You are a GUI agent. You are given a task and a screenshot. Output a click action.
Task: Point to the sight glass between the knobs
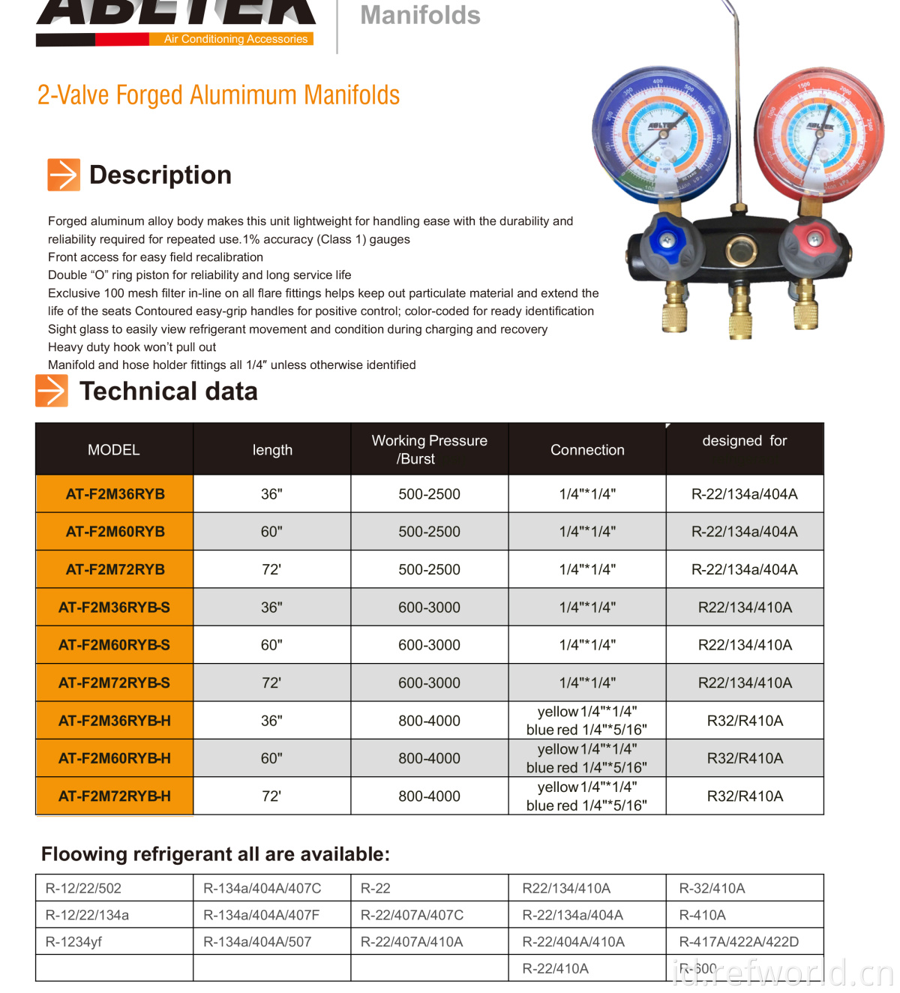coord(740,248)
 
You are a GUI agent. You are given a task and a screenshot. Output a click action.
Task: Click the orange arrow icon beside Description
coord(64,175)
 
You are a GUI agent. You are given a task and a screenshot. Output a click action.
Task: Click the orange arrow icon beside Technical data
coord(52,391)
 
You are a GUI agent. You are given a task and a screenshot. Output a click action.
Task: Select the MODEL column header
coord(114,450)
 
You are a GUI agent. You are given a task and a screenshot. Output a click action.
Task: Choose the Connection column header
coord(587,450)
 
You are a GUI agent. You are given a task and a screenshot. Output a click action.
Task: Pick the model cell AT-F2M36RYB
coord(115,494)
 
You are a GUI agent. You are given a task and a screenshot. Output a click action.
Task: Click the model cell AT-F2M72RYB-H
coord(115,796)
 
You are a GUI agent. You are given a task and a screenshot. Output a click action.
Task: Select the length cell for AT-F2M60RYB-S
coord(271,645)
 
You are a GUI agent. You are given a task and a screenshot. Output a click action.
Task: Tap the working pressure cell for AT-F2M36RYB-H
coord(429,721)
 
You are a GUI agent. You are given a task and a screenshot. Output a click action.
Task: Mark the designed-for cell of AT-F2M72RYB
coord(745,570)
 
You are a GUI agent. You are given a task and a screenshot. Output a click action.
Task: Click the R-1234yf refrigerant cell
coord(74,942)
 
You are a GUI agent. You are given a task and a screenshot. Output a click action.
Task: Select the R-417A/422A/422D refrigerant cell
coord(739,942)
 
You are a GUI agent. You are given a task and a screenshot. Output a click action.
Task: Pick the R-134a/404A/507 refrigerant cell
coord(257,942)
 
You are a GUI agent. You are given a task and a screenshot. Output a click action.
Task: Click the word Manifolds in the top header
coord(420,15)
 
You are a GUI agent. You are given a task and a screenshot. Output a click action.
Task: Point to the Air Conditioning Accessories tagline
coord(235,39)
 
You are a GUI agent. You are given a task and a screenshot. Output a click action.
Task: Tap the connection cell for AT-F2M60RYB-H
coord(587,758)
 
